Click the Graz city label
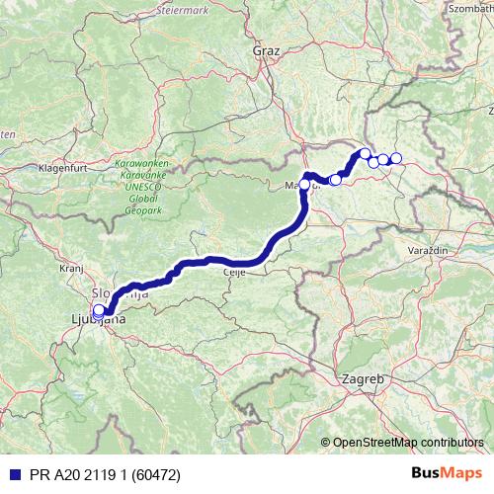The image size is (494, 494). [x=266, y=49]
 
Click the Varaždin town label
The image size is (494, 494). [x=428, y=252]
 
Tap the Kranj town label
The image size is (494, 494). [x=69, y=268]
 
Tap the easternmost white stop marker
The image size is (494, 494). [x=396, y=158]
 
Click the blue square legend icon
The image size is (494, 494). [x=11, y=473]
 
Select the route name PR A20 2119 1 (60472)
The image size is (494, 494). [x=97, y=473]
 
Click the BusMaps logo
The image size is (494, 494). [x=449, y=472]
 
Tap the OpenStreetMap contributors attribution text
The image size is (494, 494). [x=407, y=444]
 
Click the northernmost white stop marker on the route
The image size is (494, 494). [x=365, y=153]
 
